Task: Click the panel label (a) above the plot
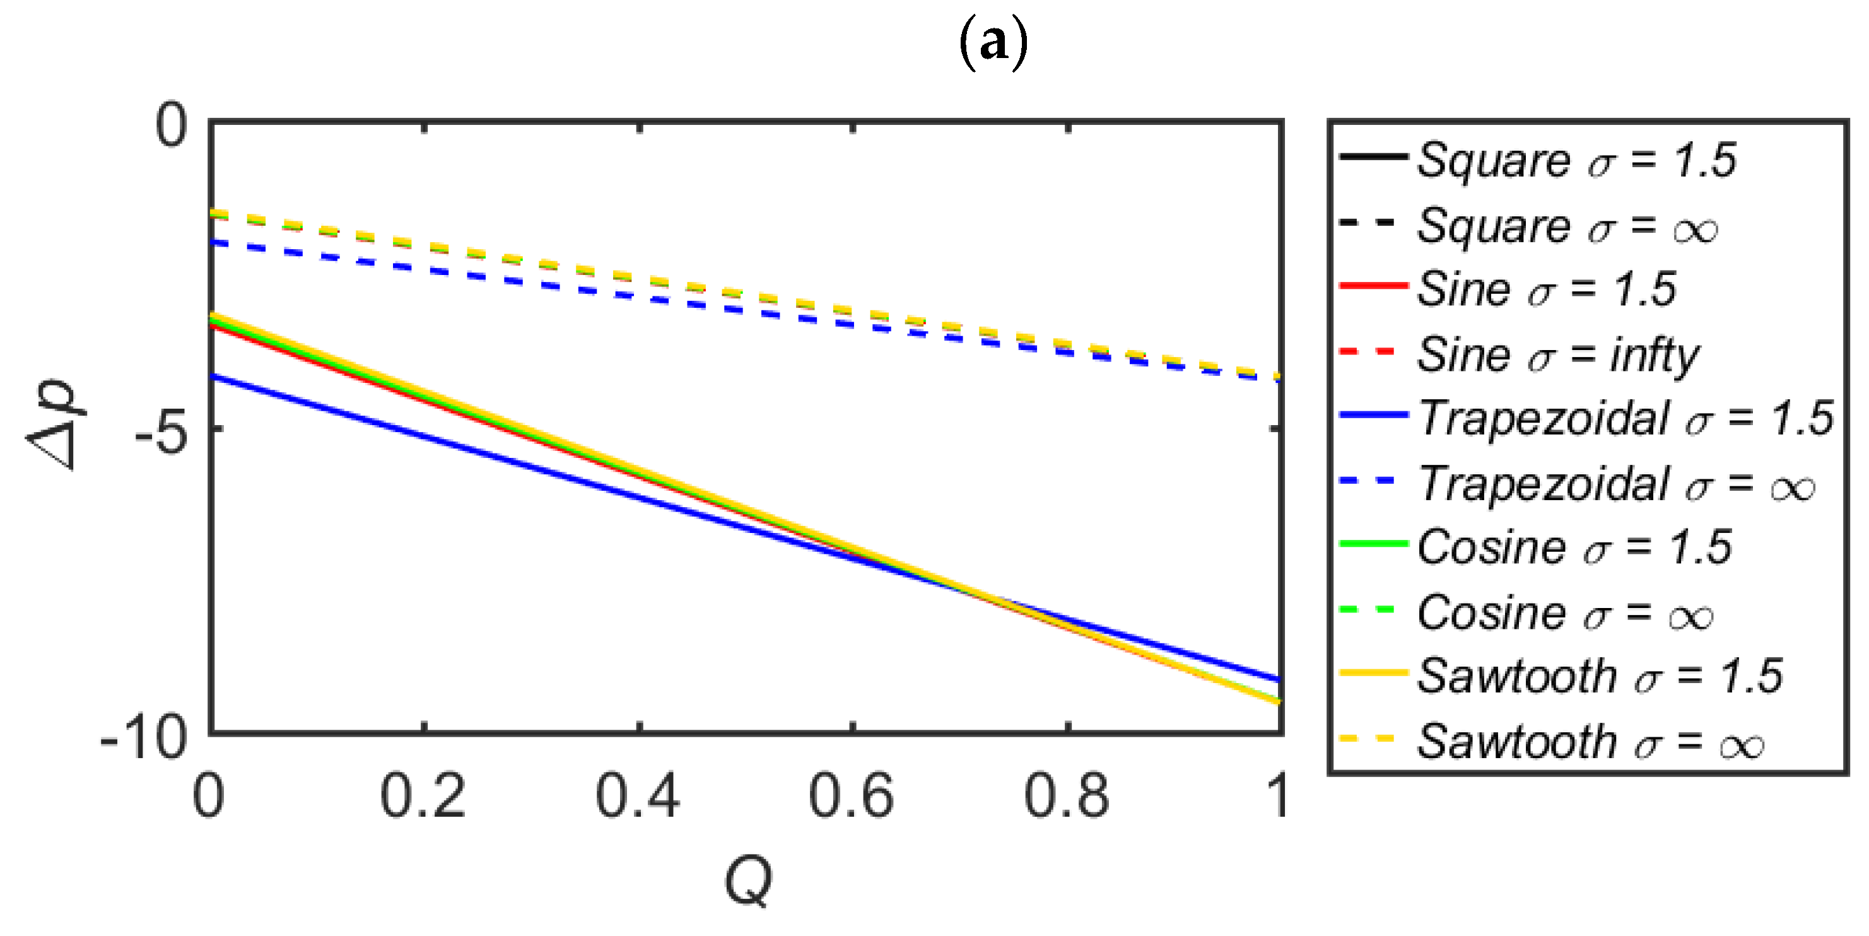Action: click(993, 43)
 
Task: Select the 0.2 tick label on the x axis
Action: click(423, 797)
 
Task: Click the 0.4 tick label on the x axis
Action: click(638, 797)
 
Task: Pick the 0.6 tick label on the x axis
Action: click(852, 797)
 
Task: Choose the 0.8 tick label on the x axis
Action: click(1067, 797)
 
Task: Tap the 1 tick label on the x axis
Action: click(1277, 797)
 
